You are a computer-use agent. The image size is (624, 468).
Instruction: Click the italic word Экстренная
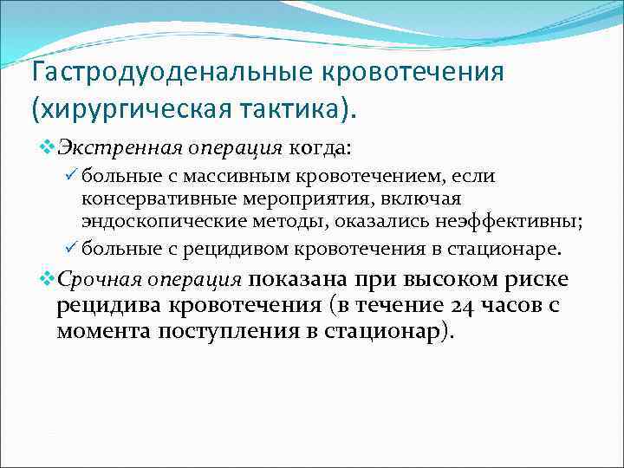107,148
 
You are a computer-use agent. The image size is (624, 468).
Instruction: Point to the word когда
320,148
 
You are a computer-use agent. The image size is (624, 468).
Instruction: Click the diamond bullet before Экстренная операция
47,148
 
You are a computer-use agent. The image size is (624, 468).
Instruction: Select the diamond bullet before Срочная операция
47,280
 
